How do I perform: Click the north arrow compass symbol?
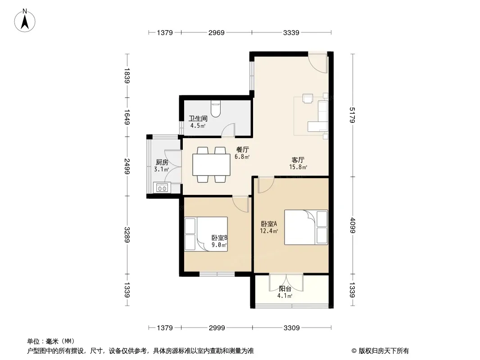coord(25,21)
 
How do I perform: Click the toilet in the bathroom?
coord(216,109)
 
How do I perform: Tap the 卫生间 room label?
coord(198,118)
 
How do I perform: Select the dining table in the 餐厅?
coord(211,165)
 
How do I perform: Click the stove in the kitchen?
coord(162,188)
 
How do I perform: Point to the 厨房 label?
coord(162,162)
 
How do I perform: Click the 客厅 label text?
coord(298,160)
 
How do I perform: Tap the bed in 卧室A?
coord(306,227)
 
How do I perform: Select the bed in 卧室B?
coord(206,234)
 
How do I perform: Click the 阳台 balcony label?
coord(285,289)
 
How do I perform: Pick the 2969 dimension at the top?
coord(217,32)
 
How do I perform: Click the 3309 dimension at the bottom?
coord(291,328)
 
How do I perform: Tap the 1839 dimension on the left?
coord(127,76)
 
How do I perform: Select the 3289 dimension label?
coord(127,235)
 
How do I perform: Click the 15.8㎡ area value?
coord(298,167)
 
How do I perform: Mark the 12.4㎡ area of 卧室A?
coord(269,231)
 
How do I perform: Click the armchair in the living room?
coord(308,99)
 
